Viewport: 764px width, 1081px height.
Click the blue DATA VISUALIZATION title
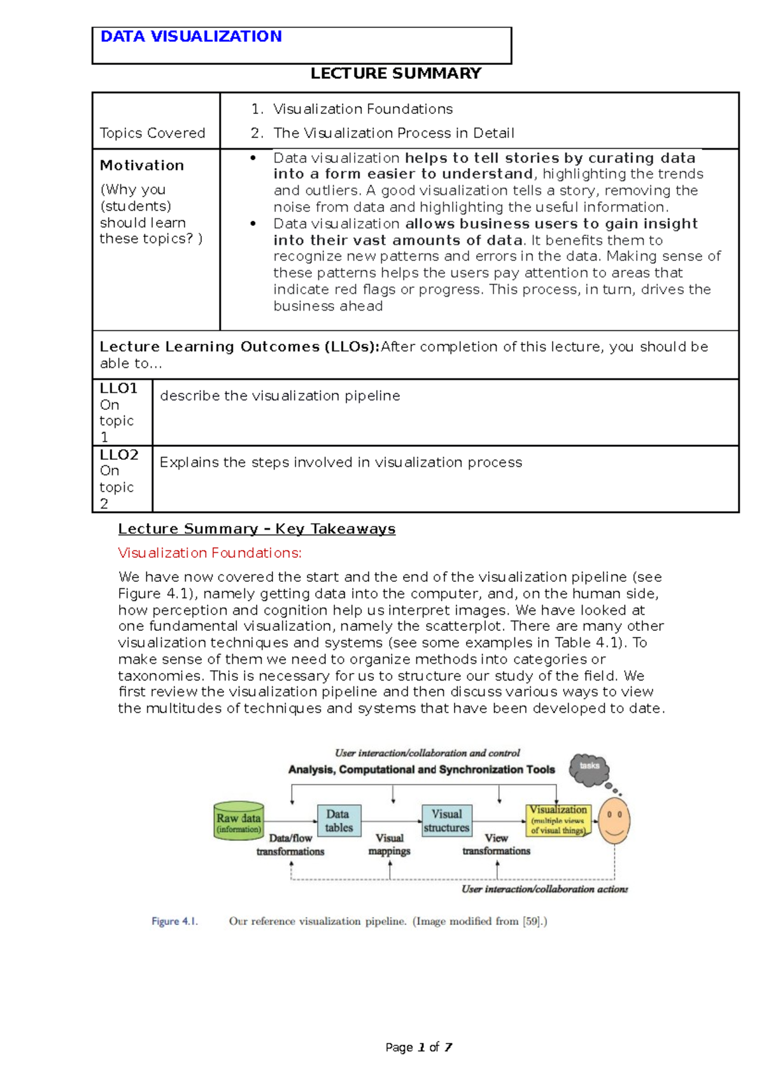[191, 36]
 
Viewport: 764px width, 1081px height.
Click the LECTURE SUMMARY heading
[395, 73]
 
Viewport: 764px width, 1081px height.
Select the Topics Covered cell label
[152, 133]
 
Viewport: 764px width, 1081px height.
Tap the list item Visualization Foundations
[362, 109]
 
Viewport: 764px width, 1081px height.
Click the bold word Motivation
[141, 166]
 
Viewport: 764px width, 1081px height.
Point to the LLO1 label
[118, 388]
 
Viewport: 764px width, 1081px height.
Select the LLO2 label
[119, 455]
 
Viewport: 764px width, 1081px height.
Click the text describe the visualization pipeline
[279, 395]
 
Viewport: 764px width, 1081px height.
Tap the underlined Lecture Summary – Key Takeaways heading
[257, 529]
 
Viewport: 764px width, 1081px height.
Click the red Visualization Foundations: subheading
[209, 553]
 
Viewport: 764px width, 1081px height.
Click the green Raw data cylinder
[238, 821]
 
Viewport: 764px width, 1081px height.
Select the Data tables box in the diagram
[339, 821]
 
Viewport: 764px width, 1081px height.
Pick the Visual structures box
[446, 821]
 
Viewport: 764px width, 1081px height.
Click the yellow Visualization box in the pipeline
[558, 819]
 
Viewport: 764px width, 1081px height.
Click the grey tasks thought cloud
[589, 768]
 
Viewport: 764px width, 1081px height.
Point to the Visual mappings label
[390, 845]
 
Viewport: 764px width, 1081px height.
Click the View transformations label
[496, 845]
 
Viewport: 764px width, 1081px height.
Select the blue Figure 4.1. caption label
[174, 921]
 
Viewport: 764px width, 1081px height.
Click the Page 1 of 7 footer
[418, 1047]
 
